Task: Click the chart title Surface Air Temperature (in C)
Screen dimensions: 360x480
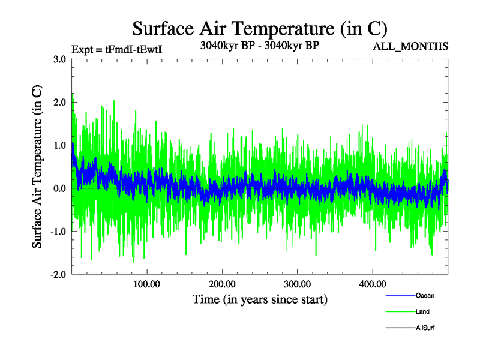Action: (x=260, y=28)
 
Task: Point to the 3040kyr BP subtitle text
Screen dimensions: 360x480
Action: (x=259, y=46)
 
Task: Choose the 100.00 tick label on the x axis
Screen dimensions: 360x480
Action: (x=146, y=284)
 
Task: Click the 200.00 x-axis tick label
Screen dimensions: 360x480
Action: (x=221, y=284)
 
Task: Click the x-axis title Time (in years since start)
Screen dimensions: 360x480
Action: (x=260, y=299)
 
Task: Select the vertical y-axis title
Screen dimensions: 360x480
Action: (x=37, y=167)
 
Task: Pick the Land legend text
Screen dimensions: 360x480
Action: (x=422, y=311)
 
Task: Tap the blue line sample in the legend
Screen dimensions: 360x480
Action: (x=399, y=295)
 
